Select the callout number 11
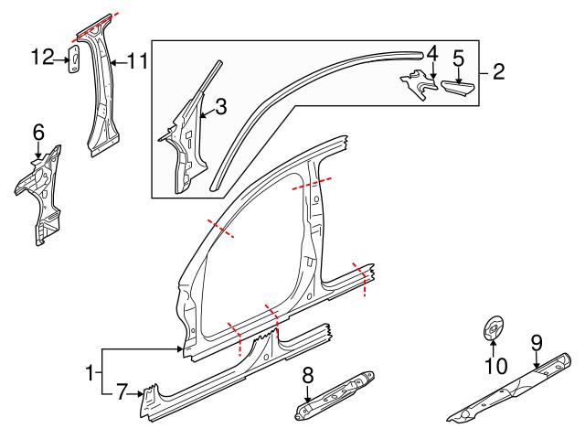137,61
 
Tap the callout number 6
38,134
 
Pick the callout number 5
459,59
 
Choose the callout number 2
499,71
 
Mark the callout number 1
89,373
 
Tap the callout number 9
537,344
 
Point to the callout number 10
494,368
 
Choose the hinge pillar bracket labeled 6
40,192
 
